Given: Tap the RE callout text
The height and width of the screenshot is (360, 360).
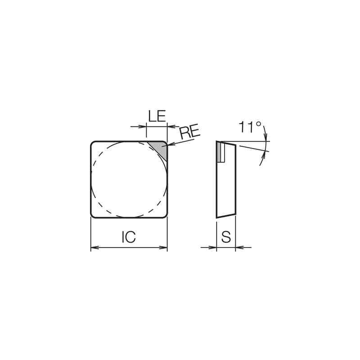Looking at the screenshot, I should point(189,133).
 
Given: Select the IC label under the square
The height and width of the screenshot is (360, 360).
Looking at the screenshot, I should point(129,238).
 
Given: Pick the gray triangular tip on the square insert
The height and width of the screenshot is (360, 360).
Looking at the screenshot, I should point(160,149).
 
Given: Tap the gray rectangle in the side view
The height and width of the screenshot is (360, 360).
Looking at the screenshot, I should point(220,153).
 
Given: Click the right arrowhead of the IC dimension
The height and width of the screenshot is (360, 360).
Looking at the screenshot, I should point(165,247).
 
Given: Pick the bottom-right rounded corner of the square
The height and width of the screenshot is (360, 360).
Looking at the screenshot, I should point(166,216).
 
